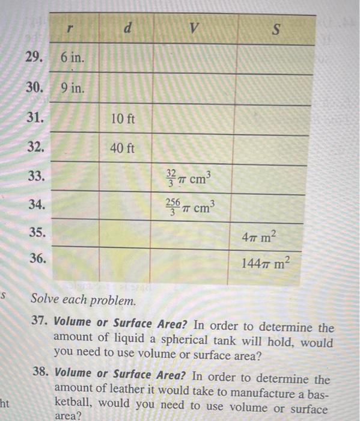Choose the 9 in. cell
click(73, 88)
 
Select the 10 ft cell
click(123, 118)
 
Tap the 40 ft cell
click(123, 148)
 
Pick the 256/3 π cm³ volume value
click(189, 207)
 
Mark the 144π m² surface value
click(265, 263)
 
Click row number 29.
click(35, 57)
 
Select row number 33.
click(37, 176)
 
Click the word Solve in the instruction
click(44, 298)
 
